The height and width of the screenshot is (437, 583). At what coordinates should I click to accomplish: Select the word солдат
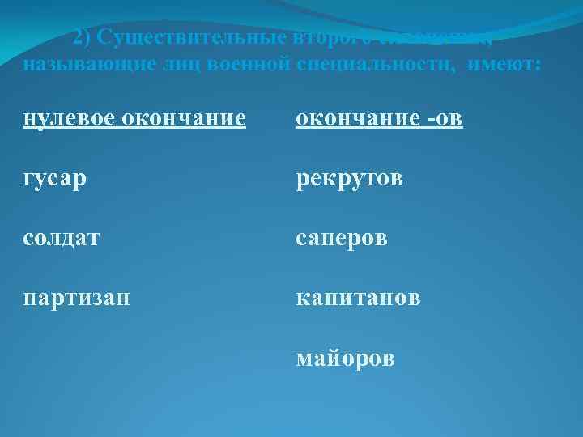coord(61,240)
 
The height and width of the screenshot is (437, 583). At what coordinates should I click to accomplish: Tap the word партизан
coord(76,299)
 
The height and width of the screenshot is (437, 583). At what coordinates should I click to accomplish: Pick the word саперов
coord(342,240)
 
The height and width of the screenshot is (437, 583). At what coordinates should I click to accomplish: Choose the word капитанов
coord(358,299)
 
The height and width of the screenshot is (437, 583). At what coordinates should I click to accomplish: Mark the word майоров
coord(346,358)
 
